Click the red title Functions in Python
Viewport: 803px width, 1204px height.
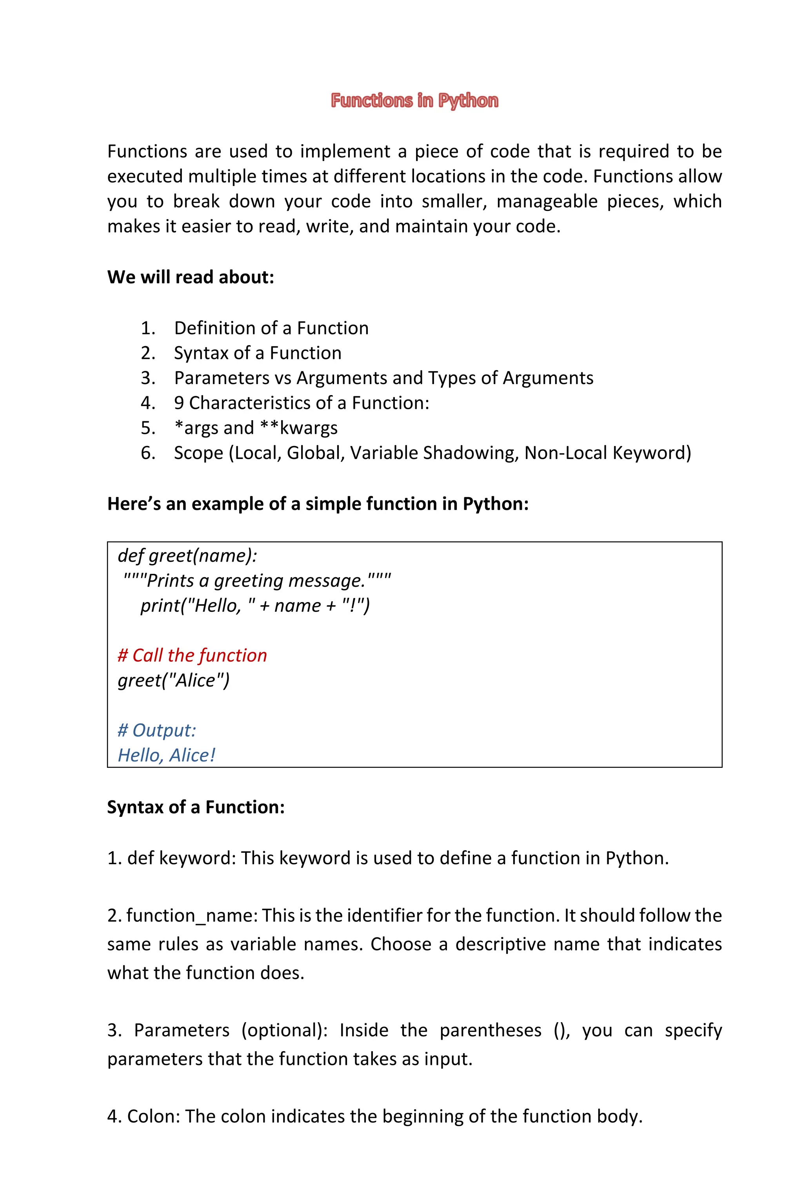pyautogui.click(x=414, y=100)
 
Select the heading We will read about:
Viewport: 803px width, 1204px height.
pyautogui.click(x=191, y=277)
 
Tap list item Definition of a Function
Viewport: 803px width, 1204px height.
pyautogui.click(x=271, y=328)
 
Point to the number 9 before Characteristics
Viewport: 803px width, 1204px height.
pyautogui.click(x=179, y=403)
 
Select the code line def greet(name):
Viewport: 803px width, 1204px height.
pyautogui.click(x=187, y=555)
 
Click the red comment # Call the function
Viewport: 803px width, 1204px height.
pyautogui.click(x=192, y=655)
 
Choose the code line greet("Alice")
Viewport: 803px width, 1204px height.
pyautogui.click(x=174, y=680)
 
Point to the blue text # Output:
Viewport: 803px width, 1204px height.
pyautogui.click(x=157, y=730)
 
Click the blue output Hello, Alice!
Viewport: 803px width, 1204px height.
pyautogui.click(x=166, y=755)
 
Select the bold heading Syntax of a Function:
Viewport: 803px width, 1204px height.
pyautogui.click(x=196, y=807)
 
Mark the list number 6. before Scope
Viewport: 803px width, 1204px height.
pyautogui.click(x=148, y=453)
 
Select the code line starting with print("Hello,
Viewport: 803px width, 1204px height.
pyautogui.click(x=255, y=606)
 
